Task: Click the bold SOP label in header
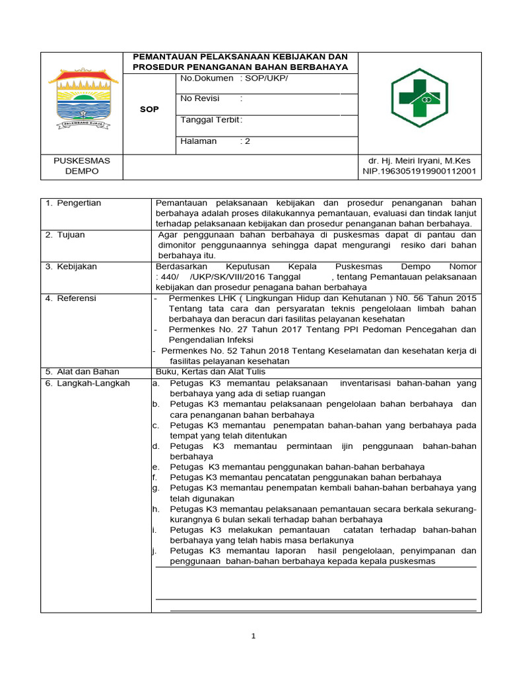click(149, 110)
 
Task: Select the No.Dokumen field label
click(207, 78)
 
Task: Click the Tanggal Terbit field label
click(210, 119)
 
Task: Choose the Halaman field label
click(198, 141)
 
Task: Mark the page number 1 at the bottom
click(253, 636)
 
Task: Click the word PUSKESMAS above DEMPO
click(82, 160)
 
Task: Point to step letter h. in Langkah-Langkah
click(156, 510)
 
